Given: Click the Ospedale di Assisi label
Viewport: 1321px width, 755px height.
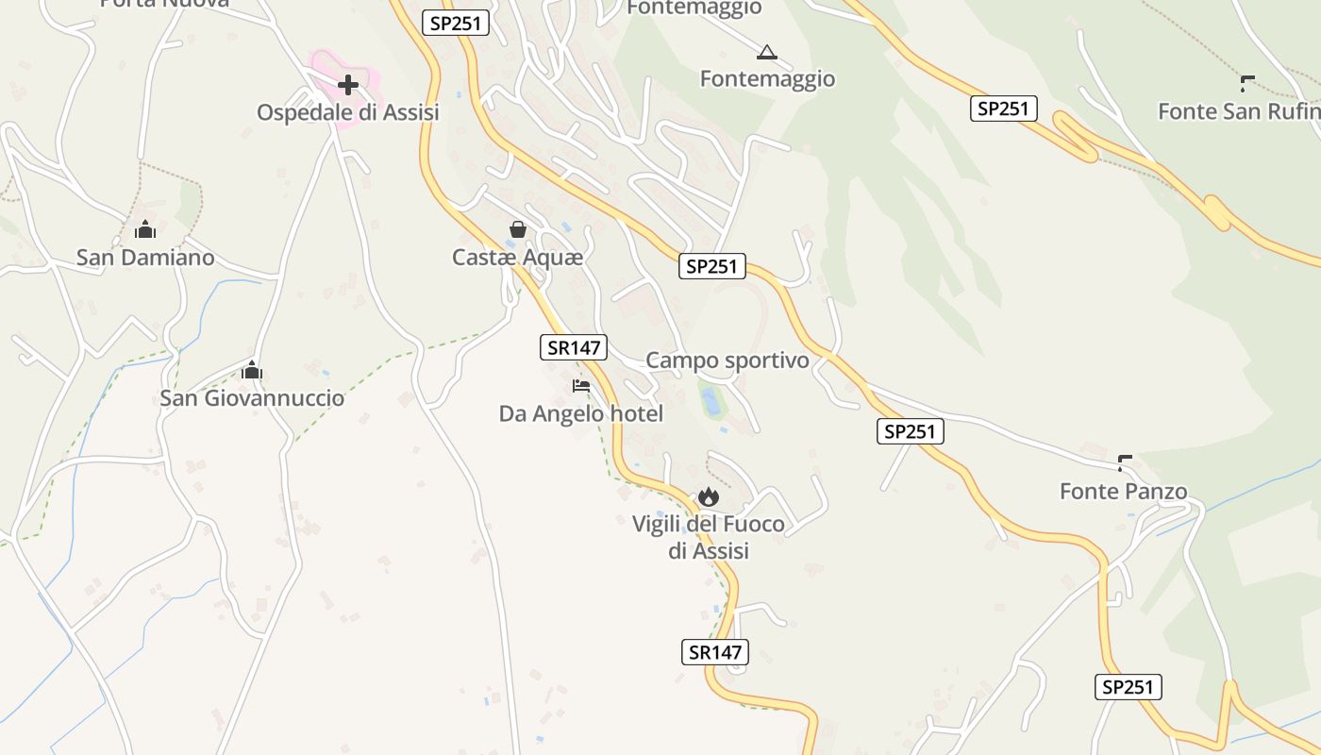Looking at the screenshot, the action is tap(348, 112).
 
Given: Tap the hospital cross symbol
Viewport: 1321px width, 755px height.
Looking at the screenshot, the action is tap(348, 85).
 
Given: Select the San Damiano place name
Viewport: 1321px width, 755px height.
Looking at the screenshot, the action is tap(145, 257).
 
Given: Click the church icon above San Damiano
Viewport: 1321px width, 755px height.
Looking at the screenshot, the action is tap(145, 229).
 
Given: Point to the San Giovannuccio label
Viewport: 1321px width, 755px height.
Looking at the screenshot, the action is tap(252, 397).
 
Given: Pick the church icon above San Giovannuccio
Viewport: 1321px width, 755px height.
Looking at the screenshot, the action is tap(252, 370).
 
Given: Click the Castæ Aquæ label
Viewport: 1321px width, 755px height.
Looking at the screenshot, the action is tap(518, 257).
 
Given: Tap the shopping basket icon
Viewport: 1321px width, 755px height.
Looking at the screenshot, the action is tap(518, 229).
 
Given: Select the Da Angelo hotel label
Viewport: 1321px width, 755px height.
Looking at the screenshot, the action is tap(581, 413).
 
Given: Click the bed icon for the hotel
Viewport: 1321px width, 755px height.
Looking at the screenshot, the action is tap(581, 386).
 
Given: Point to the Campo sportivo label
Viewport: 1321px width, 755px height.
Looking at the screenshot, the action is tap(727, 361).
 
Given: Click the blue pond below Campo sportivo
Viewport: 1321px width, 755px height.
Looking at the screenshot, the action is tap(711, 401).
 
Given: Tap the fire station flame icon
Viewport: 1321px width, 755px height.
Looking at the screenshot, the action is tap(709, 496).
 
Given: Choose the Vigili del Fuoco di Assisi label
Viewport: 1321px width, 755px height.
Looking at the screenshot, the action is tap(709, 537).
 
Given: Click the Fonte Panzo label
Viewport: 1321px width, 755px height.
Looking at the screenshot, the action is tap(1124, 491).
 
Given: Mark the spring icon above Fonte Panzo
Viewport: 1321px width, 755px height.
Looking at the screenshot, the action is tap(1124, 462).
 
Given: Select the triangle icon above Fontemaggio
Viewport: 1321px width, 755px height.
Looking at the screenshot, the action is tap(767, 52).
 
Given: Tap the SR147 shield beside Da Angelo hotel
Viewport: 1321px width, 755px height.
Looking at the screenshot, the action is tap(574, 347).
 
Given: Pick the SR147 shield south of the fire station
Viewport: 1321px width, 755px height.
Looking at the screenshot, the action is tap(714, 652).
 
